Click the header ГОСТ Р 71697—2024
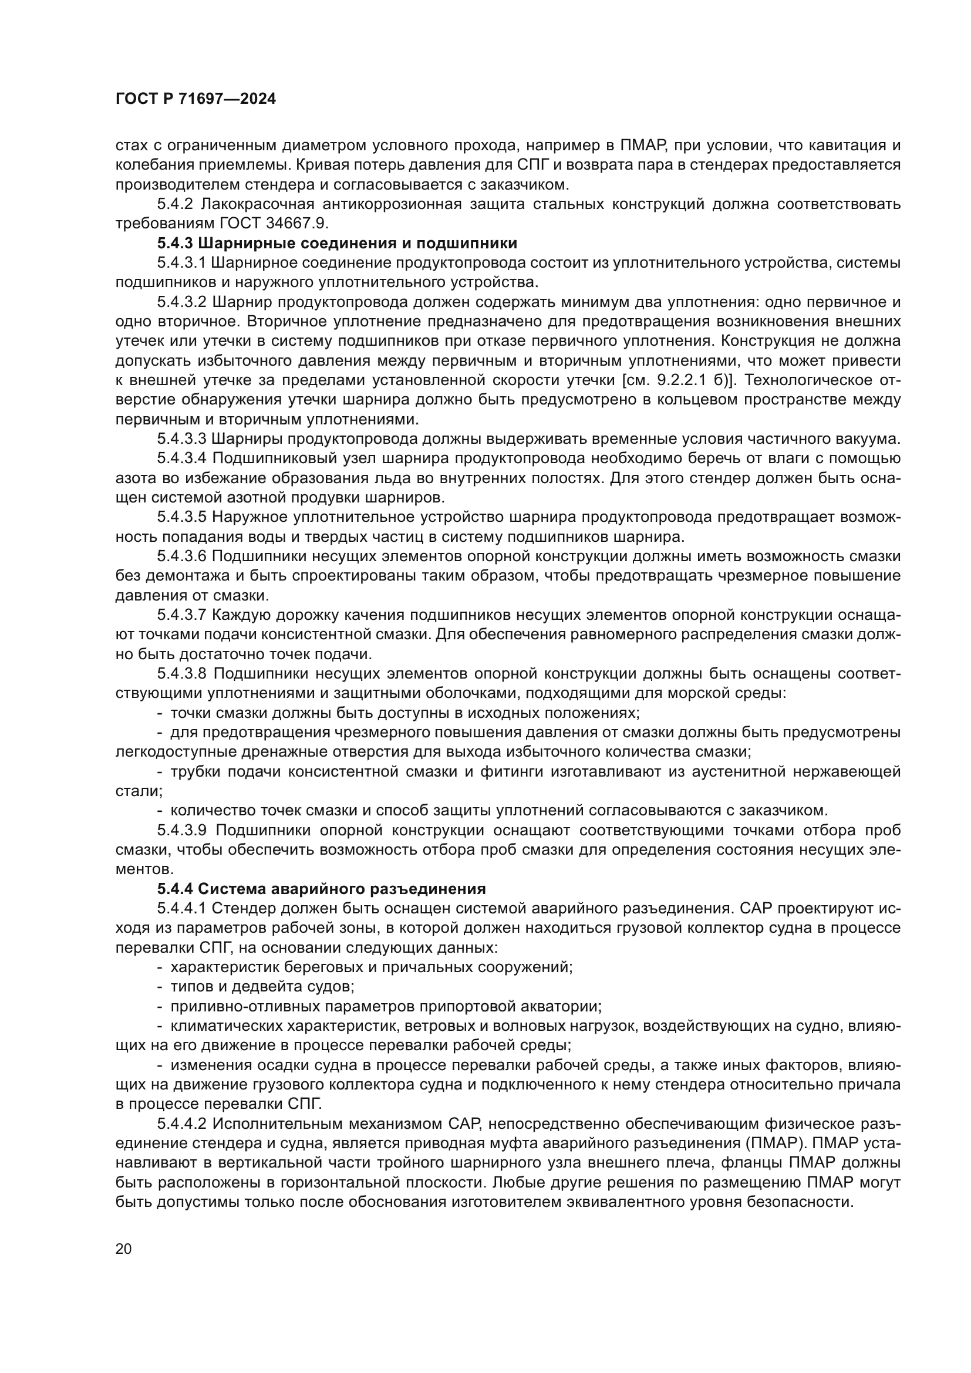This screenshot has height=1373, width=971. [x=195, y=99]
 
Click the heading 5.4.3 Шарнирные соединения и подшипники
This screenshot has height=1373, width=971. [x=337, y=244]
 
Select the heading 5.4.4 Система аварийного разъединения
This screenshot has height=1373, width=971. [x=321, y=888]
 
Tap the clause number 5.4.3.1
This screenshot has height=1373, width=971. [x=182, y=263]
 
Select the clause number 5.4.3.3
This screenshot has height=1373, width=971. [x=182, y=439]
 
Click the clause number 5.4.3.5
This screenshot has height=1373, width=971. [x=182, y=517]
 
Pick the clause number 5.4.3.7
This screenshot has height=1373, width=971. [x=182, y=615]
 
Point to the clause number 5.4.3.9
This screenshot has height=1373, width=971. [x=182, y=830]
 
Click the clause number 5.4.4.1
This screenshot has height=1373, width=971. [x=182, y=908]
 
